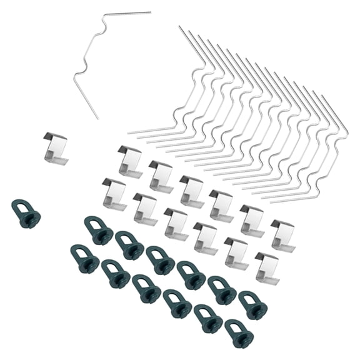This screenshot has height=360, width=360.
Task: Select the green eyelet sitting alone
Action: click(x=27, y=214)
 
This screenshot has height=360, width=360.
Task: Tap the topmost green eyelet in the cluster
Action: click(x=99, y=230)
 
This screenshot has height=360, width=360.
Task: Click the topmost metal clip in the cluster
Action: click(x=129, y=161)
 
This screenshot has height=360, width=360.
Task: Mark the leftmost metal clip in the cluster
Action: click(x=114, y=193)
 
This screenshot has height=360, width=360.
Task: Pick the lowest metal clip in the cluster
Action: click(x=267, y=266)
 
